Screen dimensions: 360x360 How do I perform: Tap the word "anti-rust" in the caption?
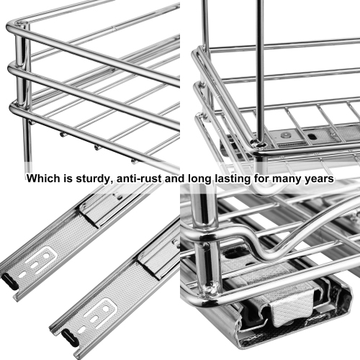136,178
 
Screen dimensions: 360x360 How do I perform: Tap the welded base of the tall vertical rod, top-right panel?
260,141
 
